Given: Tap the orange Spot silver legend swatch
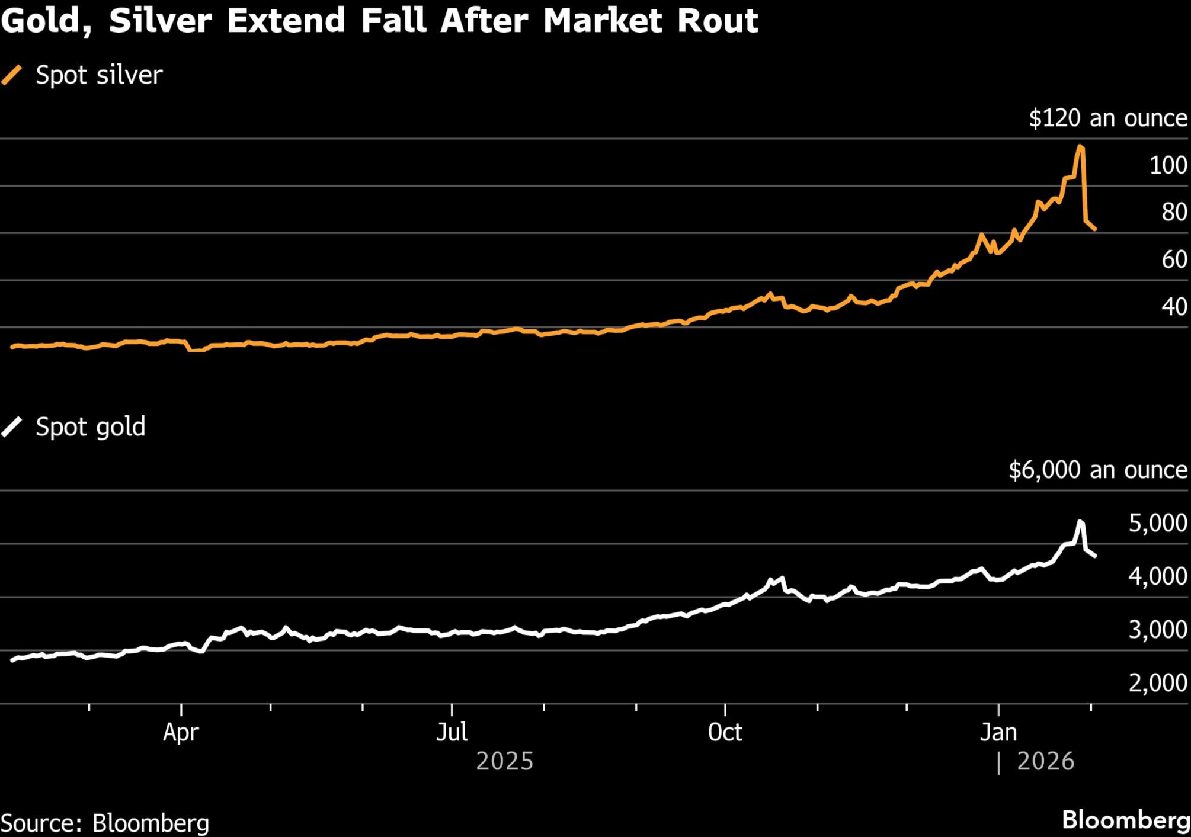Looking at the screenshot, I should tap(12, 75).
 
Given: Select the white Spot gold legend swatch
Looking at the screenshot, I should tap(12, 426).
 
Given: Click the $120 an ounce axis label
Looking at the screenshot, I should tap(1107, 118).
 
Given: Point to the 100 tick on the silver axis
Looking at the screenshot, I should tap(1168, 165).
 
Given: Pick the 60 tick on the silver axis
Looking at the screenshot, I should tap(1174, 259).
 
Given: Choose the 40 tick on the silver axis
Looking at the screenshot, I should tap(1174, 307).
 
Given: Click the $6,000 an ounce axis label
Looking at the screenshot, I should tap(1097, 470).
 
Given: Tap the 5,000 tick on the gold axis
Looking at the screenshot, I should tap(1157, 523).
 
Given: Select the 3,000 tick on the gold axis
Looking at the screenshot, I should tap(1157, 630).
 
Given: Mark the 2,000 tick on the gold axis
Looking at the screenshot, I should tap(1157, 683).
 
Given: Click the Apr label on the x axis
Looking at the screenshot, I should tap(181, 733).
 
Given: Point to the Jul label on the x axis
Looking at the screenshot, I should tap(452, 733).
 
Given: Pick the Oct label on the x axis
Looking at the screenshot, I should tap(725, 733).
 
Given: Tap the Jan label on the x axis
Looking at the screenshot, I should tap(998, 733).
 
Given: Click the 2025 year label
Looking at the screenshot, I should tap(504, 761).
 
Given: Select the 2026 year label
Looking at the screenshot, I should tap(1045, 761).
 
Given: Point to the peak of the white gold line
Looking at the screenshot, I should tap(1080, 521).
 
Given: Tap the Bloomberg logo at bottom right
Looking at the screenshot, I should tap(1125, 820).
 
